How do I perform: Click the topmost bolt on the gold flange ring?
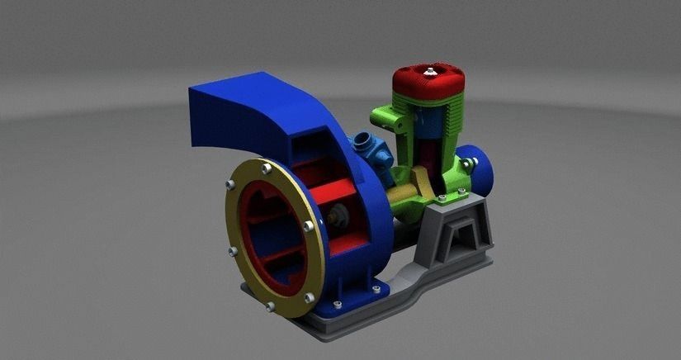tap(266, 168)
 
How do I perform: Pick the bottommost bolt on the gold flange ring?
tap(271, 306)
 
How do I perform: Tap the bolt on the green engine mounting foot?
tap(442, 198)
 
